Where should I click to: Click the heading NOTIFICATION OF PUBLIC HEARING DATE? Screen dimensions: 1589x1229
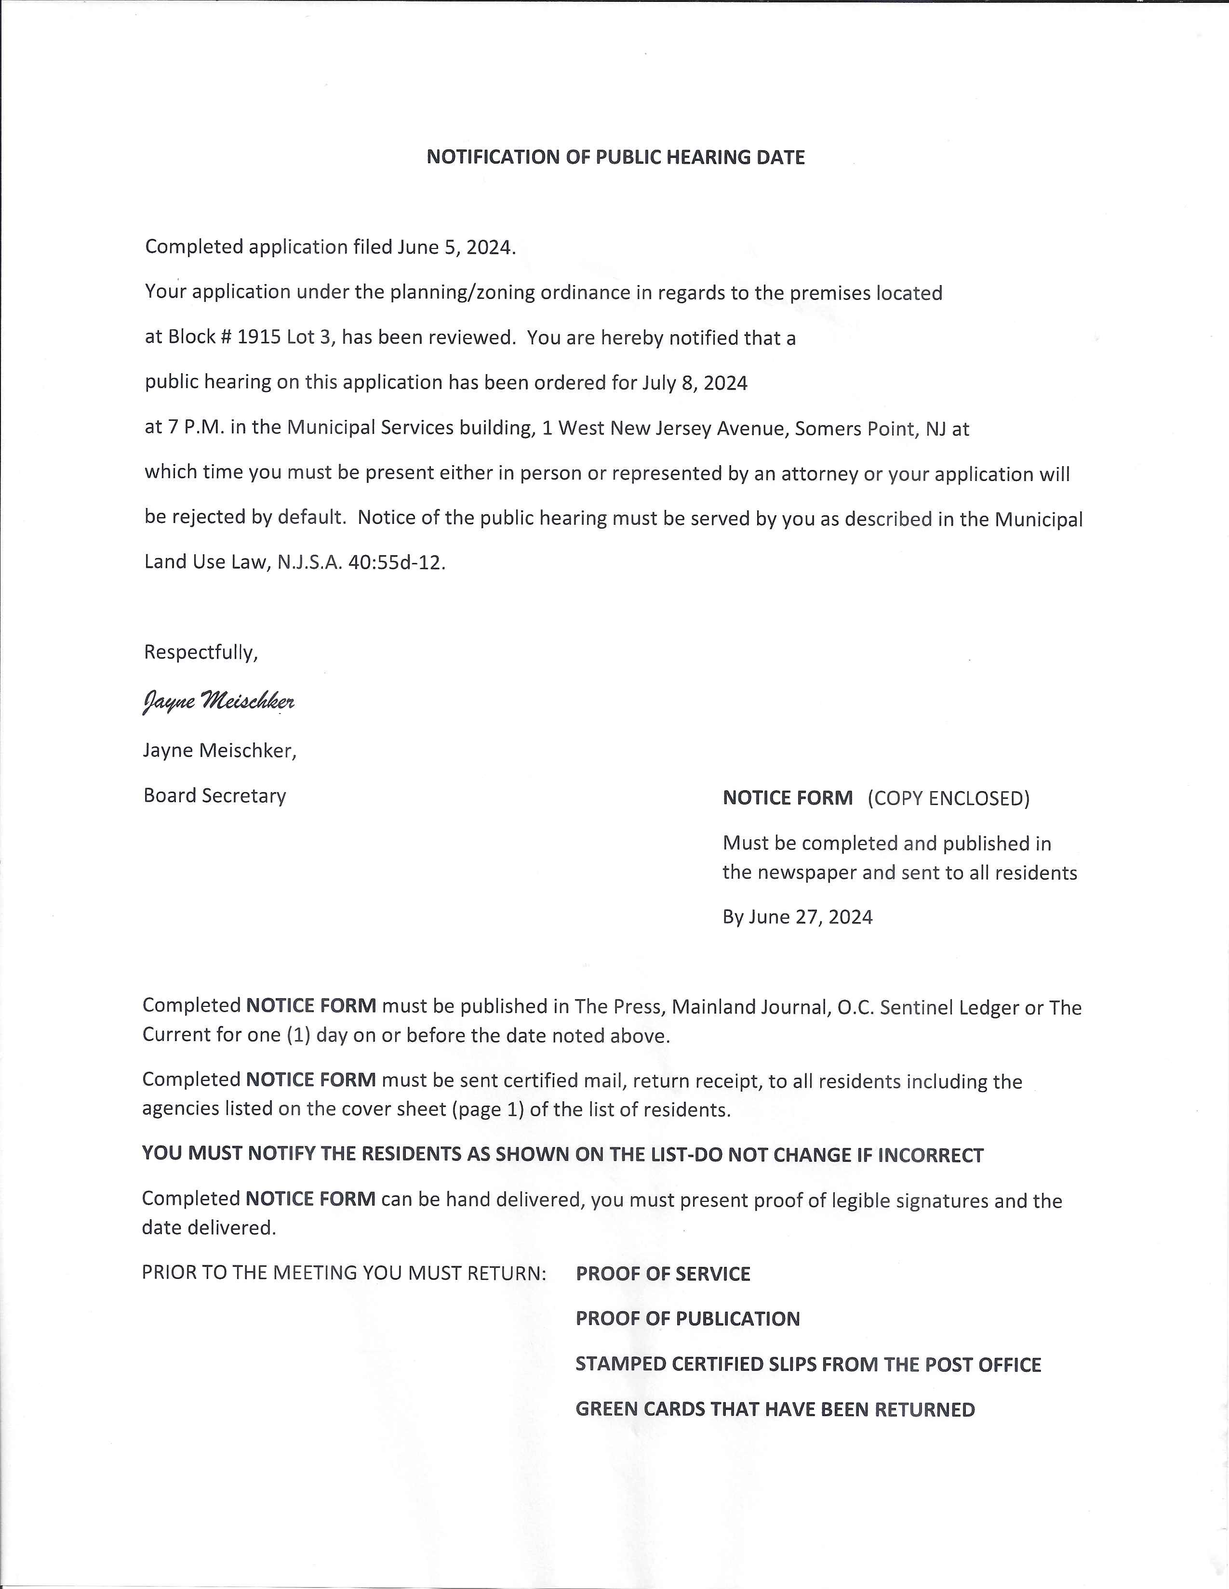615,157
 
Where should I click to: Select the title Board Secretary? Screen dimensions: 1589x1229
215,795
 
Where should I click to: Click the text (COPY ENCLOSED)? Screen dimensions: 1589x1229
948,798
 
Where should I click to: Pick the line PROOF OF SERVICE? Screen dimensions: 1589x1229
663,1273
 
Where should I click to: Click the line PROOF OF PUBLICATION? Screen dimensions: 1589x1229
687,1318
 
